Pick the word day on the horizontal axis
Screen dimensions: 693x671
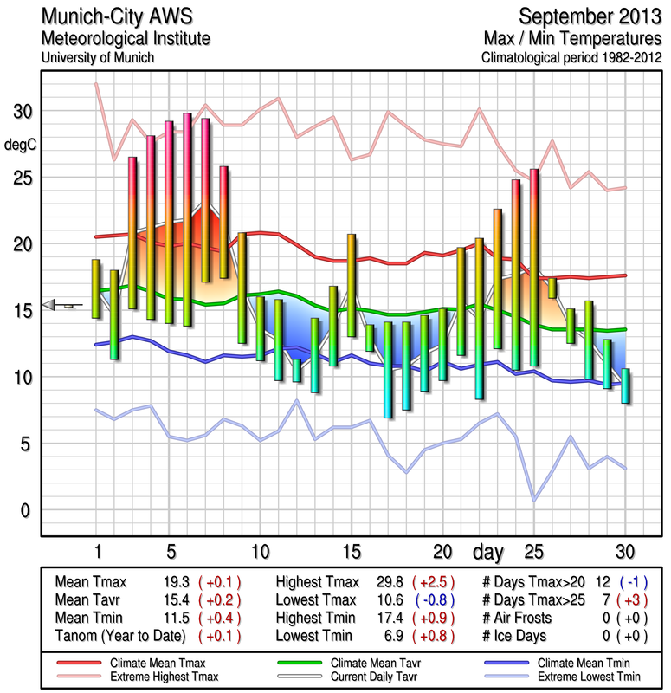click(489, 552)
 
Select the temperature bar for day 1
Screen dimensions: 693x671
click(96, 288)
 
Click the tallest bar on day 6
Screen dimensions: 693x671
click(187, 219)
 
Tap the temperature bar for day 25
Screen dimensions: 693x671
click(534, 267)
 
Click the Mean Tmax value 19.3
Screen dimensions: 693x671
click(178, 582)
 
